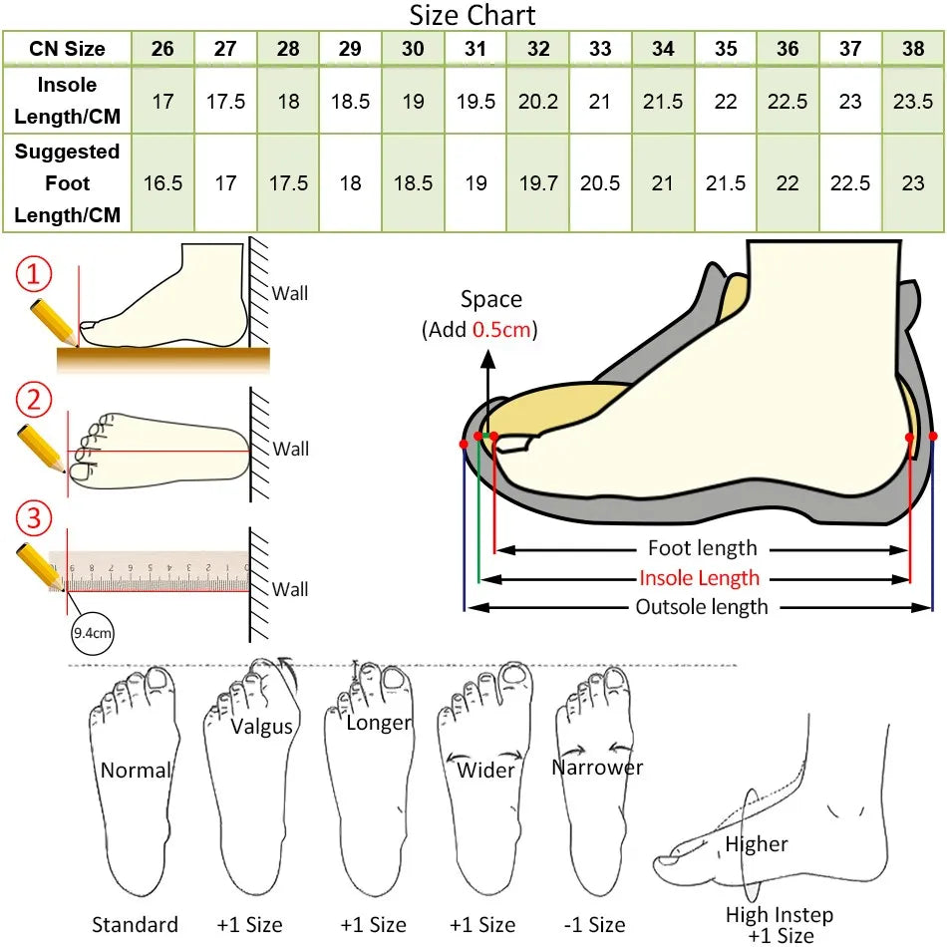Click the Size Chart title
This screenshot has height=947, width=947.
pos(473,15)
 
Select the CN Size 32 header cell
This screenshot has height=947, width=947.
pos(538,48)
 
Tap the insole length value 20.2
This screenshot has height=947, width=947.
pos(538,101)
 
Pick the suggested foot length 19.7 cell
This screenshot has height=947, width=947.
pos(538,183)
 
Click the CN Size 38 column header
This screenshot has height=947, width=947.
pos(912,48)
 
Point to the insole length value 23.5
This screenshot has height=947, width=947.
pos(912,101)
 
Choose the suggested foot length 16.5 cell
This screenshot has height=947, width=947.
pos(163,183)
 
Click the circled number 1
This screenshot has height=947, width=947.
pos(34,273)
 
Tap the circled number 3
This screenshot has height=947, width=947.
pos(34,518)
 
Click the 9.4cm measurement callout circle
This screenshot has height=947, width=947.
pos(93,633)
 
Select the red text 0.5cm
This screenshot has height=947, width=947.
pos(501,330)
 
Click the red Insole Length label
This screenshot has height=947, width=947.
pos(699,578)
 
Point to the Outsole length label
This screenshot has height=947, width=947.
pos(701,607)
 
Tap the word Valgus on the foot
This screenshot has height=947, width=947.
pos(261,727)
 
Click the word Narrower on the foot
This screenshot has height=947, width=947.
pos(597,767)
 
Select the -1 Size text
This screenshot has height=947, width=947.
pos(594,925)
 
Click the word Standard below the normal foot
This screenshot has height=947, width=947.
pos(135,925)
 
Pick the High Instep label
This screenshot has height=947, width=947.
pos(780,914)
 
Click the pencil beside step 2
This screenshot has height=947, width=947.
pos(41,449)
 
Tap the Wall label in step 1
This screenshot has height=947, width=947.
pos(290,293)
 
